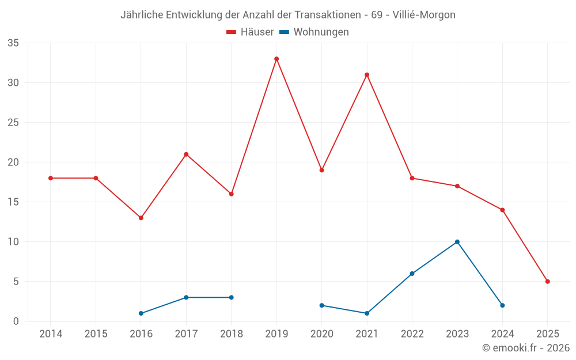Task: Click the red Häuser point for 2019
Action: click(x=276, y=59)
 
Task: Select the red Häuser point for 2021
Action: click(x=367, y=75)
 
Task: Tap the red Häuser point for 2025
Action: click(x=547, y=282)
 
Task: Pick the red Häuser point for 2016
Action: click(x=141, y=218)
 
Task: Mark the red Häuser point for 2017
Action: click(x=186, y=154)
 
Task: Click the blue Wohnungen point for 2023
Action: click(x=457, y=242)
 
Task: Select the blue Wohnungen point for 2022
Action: click(x=412, y=274)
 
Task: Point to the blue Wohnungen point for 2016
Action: click(x=141, y=313)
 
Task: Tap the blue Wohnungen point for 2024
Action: click(x=502, y=305)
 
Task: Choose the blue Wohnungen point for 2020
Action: click(x=321, y=305)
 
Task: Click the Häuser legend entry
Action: click(x=250, y=32)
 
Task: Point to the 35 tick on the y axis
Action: click(x=13, y=43)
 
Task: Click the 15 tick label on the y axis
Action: click(x=13, y=202)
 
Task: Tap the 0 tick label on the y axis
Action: click(x=16, y=321)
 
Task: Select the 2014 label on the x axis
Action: click(x=51, y=334)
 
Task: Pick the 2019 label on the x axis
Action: click(x=276, y=334)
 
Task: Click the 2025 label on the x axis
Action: click(x=547, y=334)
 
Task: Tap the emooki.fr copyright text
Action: click(x=526, y=348)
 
